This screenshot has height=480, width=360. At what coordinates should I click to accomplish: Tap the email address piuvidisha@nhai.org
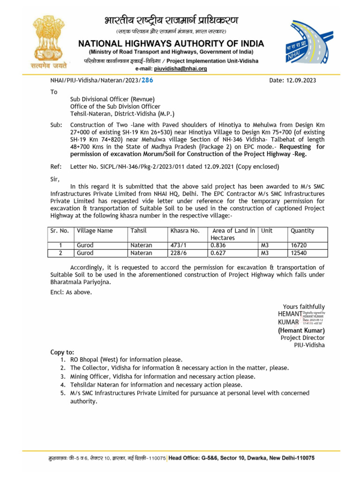point(180,68)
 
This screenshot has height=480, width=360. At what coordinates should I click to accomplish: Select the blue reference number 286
point(147,80)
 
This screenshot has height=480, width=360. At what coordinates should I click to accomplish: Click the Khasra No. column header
point(185,231)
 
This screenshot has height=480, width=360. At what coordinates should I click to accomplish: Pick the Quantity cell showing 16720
point(299,245)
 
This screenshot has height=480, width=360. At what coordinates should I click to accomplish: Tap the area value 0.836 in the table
point(219,245)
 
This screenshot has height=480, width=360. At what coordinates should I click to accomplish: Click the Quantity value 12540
point(299,253)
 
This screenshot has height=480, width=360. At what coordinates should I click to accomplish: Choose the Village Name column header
point(95,231)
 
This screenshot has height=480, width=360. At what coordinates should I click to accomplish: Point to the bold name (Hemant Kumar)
point(301,330)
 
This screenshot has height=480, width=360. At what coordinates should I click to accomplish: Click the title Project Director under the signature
point(302,338)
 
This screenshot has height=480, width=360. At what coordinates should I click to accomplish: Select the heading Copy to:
point(62,352)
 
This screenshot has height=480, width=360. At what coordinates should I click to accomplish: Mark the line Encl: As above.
point(71,292)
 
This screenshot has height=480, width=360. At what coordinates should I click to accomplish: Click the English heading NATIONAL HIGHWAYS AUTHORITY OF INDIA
point(171,44)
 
